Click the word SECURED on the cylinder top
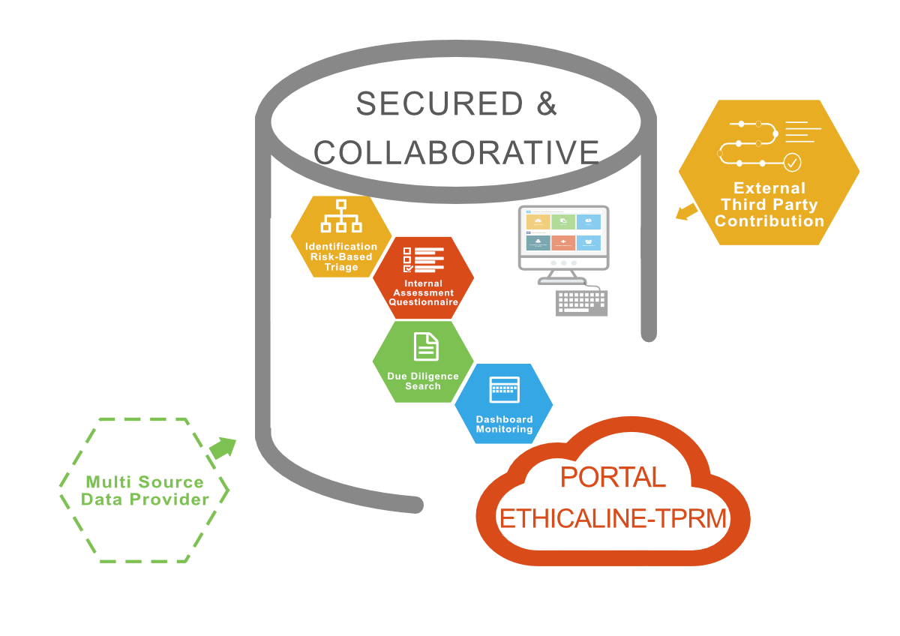tap(439, 103)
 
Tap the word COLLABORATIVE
tap(457, 153)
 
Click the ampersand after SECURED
tap(547, 103)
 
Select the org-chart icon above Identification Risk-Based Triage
tap(341, 216)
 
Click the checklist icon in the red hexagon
tap(424, 260)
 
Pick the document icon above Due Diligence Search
tap(426, 346)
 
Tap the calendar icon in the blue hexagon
tap(505, 389)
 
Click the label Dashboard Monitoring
tap(504, 424)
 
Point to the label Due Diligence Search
tap(423, 381)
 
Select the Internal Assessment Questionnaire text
tap(424, 292)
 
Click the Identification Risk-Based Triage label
tap(341, 256)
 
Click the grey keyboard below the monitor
tap(582, 303)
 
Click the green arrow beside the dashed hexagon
tap(223, 448)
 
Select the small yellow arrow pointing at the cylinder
tap(686, 211)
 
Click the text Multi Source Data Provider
tap(145, 490)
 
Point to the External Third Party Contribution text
tap(769, 205)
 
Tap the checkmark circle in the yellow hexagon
tap(792, 163)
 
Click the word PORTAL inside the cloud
tap(613, 477)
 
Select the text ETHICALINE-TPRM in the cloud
tap(613, 518)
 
